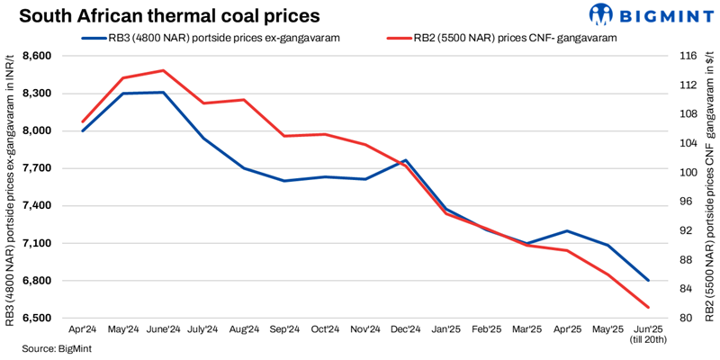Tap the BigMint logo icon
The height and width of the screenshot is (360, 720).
tap(602, 15)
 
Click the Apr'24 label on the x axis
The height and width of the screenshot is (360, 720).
tap(83, 330)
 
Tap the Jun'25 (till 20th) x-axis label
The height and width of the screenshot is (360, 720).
tap(648, 335)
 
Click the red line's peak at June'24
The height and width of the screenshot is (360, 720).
tap(163, 70)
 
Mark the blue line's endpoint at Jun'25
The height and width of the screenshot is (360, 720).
tap(648, 281)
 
